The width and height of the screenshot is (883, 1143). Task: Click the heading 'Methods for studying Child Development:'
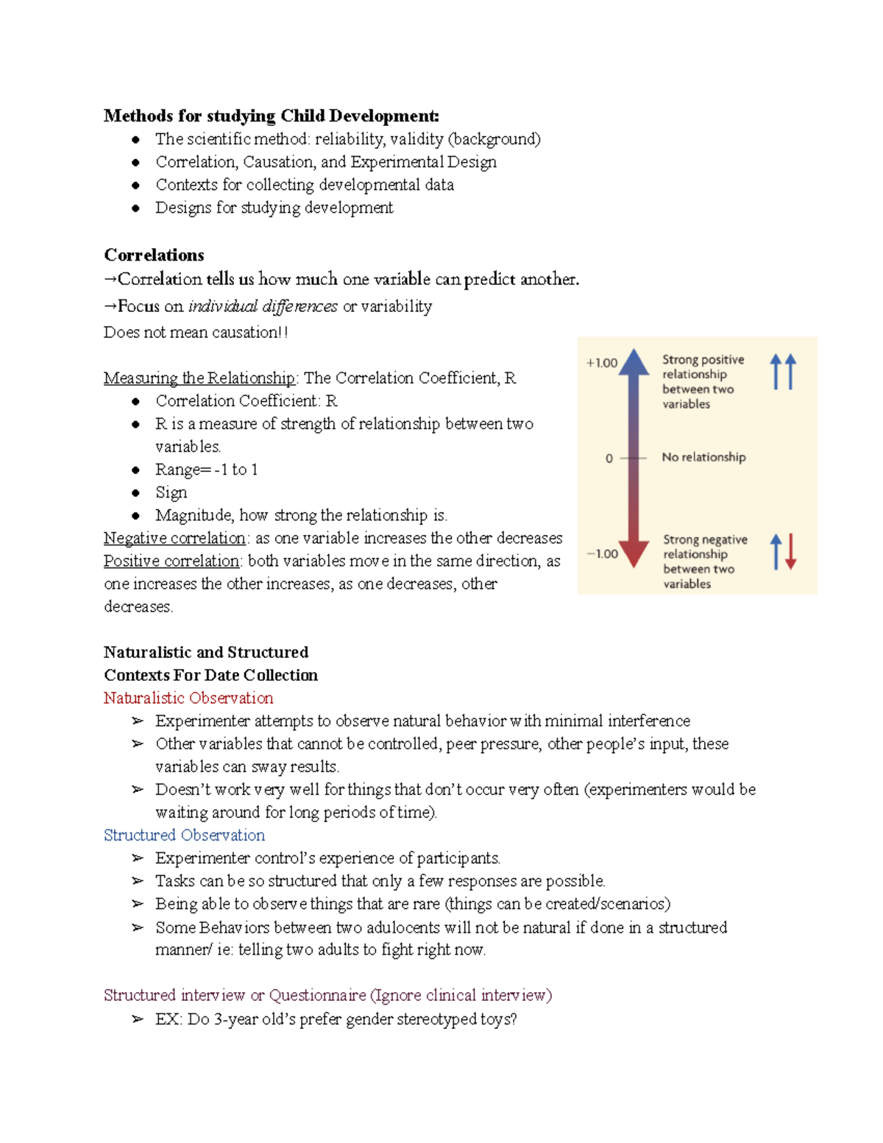click(x=271, y=116)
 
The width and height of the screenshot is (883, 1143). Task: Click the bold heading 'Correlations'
click(x=154, y=255)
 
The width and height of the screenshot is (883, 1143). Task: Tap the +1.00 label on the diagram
click(x=601, y=363)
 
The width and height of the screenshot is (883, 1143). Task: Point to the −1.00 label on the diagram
click(x=602, y=554)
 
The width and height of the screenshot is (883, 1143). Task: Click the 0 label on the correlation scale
click(x=609, y=459)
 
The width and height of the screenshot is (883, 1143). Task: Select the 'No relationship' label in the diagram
click(x=703, y=457)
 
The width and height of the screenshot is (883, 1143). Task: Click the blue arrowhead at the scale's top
click(x=634, y=362)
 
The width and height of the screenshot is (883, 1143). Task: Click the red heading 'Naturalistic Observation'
click(x=188, y=698)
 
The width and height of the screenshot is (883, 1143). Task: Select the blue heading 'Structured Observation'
click(x=184, y=835)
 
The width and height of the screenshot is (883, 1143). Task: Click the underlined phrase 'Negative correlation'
click(x=174, y=538)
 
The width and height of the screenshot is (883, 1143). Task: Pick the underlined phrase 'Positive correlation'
click(x=171, y=561)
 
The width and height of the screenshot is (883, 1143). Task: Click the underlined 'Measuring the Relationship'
click(x=199, y=378)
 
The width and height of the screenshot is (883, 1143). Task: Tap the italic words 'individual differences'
click(x=263, y=306)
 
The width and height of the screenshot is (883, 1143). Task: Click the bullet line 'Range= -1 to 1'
click(x=206, y=470)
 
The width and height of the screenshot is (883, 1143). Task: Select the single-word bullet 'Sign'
click(x=171, y=492)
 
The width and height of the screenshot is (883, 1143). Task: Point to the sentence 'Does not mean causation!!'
click(x=196, y=333)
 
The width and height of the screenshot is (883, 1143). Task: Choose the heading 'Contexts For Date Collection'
click(x=210, y=676)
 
